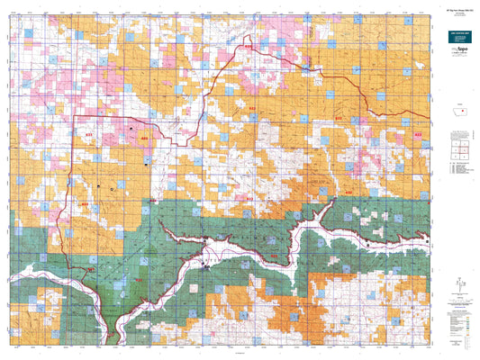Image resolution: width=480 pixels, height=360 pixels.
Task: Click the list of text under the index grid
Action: click(x=458, y=169)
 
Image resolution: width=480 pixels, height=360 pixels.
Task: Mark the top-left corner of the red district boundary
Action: click(x=73, y=116)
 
